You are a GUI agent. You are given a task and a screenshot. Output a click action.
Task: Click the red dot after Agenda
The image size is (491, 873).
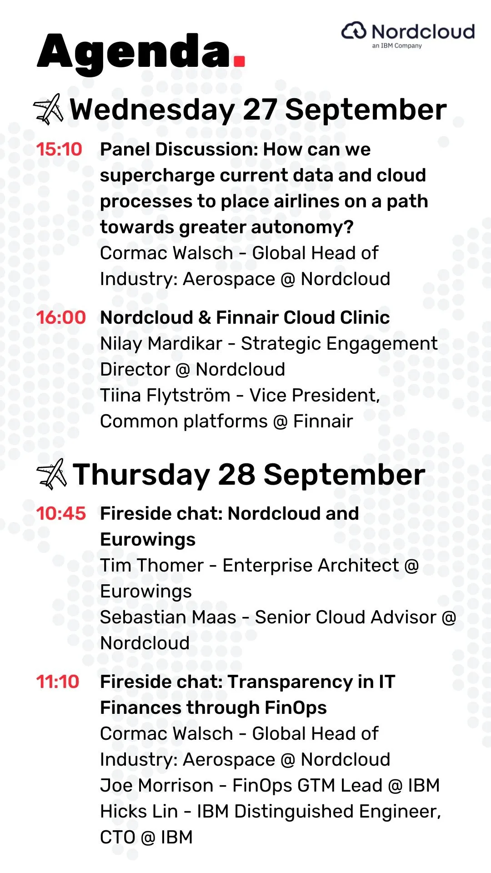tap(239, 61)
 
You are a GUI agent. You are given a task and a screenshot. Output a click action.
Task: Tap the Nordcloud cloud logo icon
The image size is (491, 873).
tap(354, 31)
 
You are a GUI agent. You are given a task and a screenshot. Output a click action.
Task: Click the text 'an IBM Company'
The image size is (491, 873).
tap(397, 45)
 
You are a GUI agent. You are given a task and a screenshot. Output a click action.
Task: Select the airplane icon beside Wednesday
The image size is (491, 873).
tap(49, 109)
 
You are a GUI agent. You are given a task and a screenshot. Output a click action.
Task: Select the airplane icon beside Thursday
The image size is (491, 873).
tap(51, 474)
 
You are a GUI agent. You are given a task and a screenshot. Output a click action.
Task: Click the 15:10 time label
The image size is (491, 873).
tap(59, 149)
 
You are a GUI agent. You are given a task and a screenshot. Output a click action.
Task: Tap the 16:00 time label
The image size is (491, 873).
tap(61, 317)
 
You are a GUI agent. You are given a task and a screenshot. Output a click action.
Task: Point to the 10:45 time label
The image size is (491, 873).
tap(61, 513)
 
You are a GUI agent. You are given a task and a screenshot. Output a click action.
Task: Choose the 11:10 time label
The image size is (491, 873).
tap(58, 682)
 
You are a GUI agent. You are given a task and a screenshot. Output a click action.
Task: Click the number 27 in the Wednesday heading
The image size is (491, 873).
tap(260, 110)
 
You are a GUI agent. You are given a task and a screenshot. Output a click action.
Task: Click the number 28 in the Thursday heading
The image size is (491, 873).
tap(236, 474)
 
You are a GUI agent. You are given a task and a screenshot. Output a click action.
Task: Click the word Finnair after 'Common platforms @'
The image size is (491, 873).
tap(323, 421)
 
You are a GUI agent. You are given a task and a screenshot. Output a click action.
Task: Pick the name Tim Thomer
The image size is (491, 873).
tap(152, 565)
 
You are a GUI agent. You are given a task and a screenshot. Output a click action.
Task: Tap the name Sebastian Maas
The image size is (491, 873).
tap(168, 617)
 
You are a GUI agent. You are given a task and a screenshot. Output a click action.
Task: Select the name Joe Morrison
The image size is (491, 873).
tap(157, 785)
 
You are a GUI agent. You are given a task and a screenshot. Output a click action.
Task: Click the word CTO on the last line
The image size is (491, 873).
tap(118, 837)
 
